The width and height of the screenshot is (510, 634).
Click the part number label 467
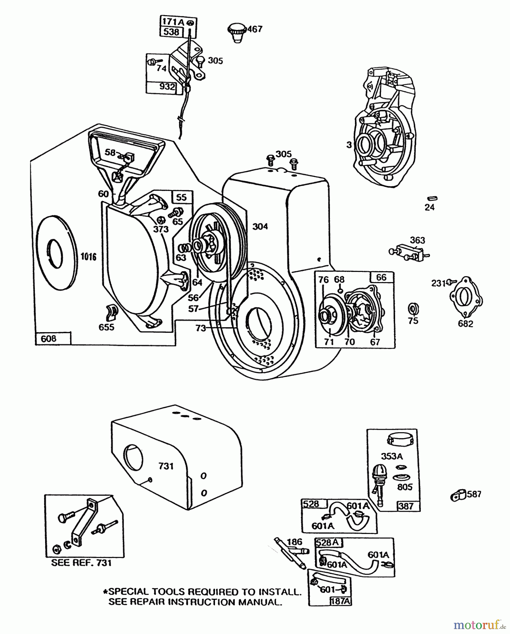point(255,29)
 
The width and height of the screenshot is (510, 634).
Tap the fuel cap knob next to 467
point(237,32)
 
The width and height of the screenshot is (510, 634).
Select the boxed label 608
point(49,339)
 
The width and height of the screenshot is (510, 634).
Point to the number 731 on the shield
point(166,466)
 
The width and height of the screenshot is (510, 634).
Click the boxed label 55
point(182,197)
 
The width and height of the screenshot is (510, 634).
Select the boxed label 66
point(381,278)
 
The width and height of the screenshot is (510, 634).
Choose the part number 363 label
point(418,241)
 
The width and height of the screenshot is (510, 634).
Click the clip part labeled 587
point(458,496)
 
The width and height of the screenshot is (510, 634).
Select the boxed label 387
point(406,506)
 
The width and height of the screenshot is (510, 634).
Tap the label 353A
point(392,456)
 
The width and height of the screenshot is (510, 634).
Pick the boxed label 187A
point(340,601)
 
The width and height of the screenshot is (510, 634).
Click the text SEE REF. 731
point(81,563)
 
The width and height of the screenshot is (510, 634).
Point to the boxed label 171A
point(173,22)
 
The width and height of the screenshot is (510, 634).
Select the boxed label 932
point(167,87)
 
